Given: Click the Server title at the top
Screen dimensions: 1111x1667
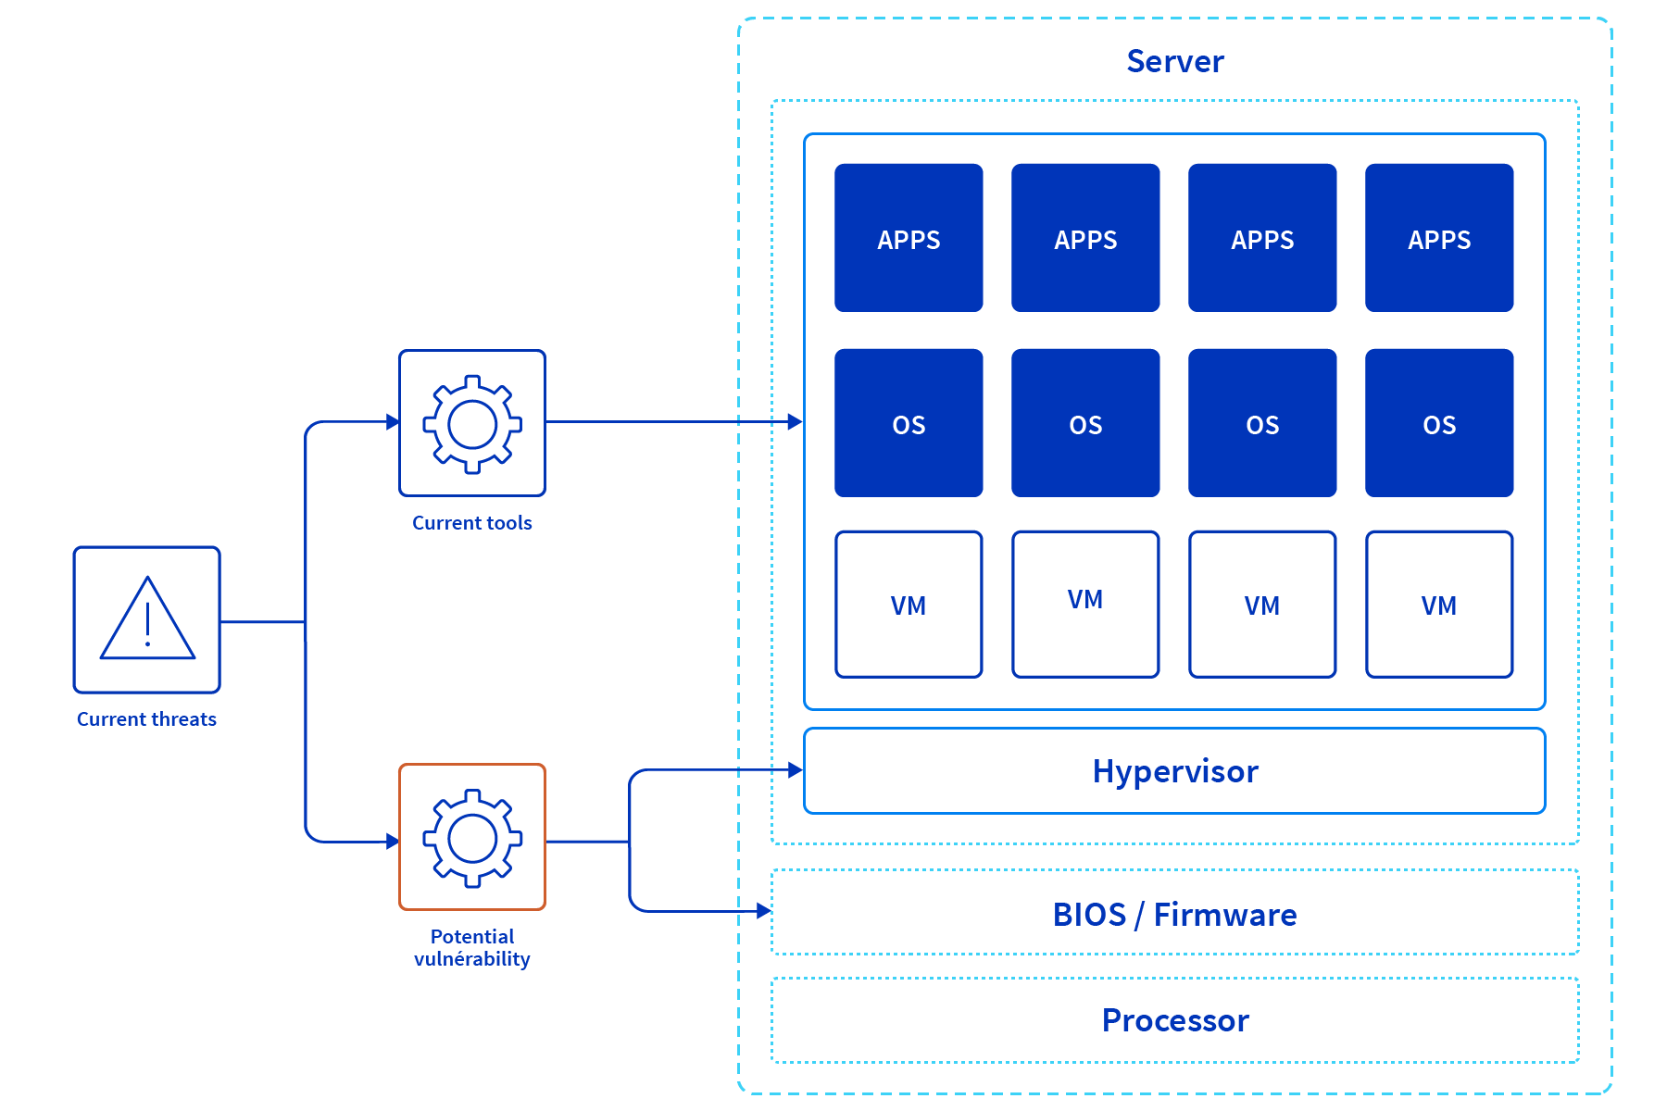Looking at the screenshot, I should (x=1174, y=61).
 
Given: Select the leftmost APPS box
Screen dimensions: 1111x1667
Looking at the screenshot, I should (x=909, y=238).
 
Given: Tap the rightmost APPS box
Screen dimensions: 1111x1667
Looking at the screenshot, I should (x=1439, y=238).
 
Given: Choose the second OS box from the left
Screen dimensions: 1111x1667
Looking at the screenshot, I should (x=1085, y=423).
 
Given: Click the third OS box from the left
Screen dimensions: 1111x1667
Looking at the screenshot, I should (x=1262, y=423).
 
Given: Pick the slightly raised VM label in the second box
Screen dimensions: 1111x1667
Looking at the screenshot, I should (x=1085, y=599).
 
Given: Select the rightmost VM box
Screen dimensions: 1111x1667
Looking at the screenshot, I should (x=1439, y=605).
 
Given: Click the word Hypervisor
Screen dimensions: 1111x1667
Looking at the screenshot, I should (x=1174, y=771).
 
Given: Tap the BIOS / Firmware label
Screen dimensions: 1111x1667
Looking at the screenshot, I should (x=1174, y=914).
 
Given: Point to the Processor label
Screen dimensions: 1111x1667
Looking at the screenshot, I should (x=1174, y=1020).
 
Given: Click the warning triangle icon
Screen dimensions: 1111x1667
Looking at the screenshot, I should (x=147, y=619).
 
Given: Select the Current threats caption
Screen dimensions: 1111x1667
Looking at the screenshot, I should (x=146, y=719).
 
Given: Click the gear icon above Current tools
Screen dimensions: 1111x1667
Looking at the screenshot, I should (x=472, y=424).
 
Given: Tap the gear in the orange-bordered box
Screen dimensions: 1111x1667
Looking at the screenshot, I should (x=472, y=838).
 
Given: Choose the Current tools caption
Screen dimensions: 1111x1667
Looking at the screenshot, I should (x=472, y=523).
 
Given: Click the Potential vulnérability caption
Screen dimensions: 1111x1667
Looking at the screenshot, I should (x=472, y=948).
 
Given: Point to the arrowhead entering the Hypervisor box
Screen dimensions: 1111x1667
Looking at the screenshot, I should (x=795, y=769).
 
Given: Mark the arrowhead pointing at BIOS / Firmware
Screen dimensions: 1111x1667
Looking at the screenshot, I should (x=763, y=911).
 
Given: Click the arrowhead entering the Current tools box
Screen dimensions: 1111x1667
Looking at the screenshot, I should (x=392, y=422).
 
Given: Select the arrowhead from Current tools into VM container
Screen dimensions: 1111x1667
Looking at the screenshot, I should (x=795, y=422).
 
